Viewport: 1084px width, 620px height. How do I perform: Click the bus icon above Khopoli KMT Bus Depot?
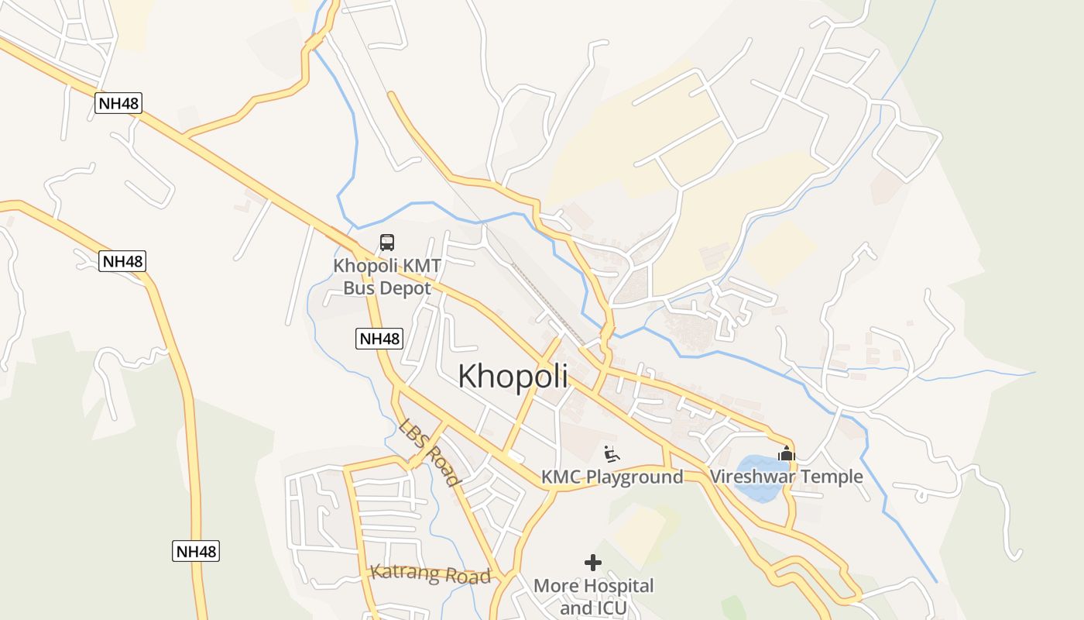click(387, 243)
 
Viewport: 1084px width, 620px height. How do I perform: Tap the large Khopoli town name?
click(513, 377)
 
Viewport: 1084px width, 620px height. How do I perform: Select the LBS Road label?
click(430, 452)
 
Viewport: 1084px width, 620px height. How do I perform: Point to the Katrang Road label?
click(431, 574)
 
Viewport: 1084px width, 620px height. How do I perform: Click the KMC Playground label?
click(612, 477)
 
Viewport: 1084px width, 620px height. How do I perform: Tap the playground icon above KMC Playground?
click(612, 453)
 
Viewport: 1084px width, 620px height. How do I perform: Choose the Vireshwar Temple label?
click(787, 476)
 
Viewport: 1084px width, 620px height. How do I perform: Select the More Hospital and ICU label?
click(594, 597)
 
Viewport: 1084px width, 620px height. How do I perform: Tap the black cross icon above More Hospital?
click(593, 562)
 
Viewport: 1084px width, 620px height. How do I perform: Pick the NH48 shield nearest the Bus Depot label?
click(379, 339)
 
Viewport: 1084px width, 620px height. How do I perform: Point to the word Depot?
click(406, 288)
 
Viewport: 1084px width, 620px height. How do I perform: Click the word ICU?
click(612, 608)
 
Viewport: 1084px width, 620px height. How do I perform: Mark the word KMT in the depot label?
click(421, 266)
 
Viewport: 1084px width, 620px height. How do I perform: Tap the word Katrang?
click(403, 572)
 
